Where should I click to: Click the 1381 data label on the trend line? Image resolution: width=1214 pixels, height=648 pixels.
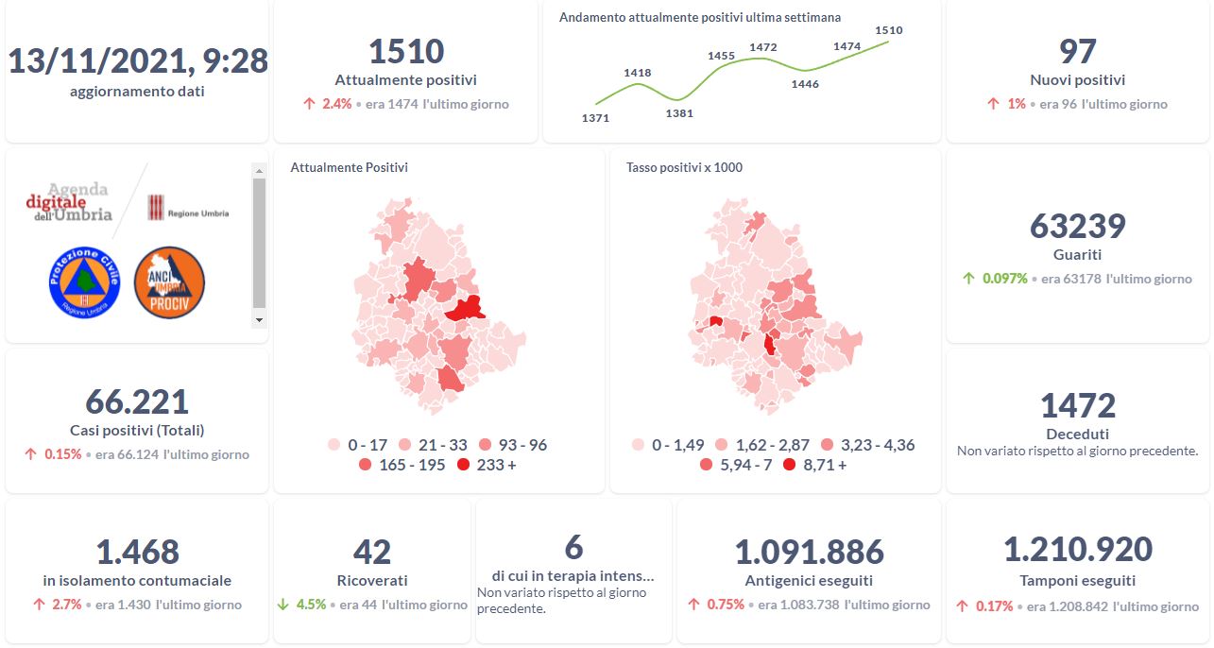tap(679, 113)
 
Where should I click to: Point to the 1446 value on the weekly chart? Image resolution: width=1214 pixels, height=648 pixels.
tap(805, 84)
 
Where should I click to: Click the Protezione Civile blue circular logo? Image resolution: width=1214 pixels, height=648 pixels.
tap(84, 282)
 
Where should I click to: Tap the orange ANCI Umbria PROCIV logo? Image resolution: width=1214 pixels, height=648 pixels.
tap(170, 282)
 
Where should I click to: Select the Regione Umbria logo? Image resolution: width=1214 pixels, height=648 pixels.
tap(188, 209)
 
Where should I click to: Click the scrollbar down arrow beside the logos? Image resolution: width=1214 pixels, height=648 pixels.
tap(260, 320)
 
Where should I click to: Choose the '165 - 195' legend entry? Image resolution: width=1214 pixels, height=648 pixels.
tap(402, 465)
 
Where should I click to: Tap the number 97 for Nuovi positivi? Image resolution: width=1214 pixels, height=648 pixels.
tap(1077, 52)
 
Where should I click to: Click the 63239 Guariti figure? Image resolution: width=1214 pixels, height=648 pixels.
tap(1077, 227)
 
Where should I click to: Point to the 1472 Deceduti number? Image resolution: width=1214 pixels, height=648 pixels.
tap(1077, 406)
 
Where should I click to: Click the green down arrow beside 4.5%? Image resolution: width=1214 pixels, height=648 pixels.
tap(284, 605)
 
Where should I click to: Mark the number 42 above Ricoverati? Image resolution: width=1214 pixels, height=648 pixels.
tap(371, 552)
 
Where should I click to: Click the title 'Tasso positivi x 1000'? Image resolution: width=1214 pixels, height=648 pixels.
tap(684, 167)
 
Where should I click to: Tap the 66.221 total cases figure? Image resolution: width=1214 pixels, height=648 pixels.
tap(137, 401)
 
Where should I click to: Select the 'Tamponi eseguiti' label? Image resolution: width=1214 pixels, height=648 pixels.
tap(1077, 581)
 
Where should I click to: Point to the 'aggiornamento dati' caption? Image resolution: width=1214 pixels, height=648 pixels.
tap(137, 92)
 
